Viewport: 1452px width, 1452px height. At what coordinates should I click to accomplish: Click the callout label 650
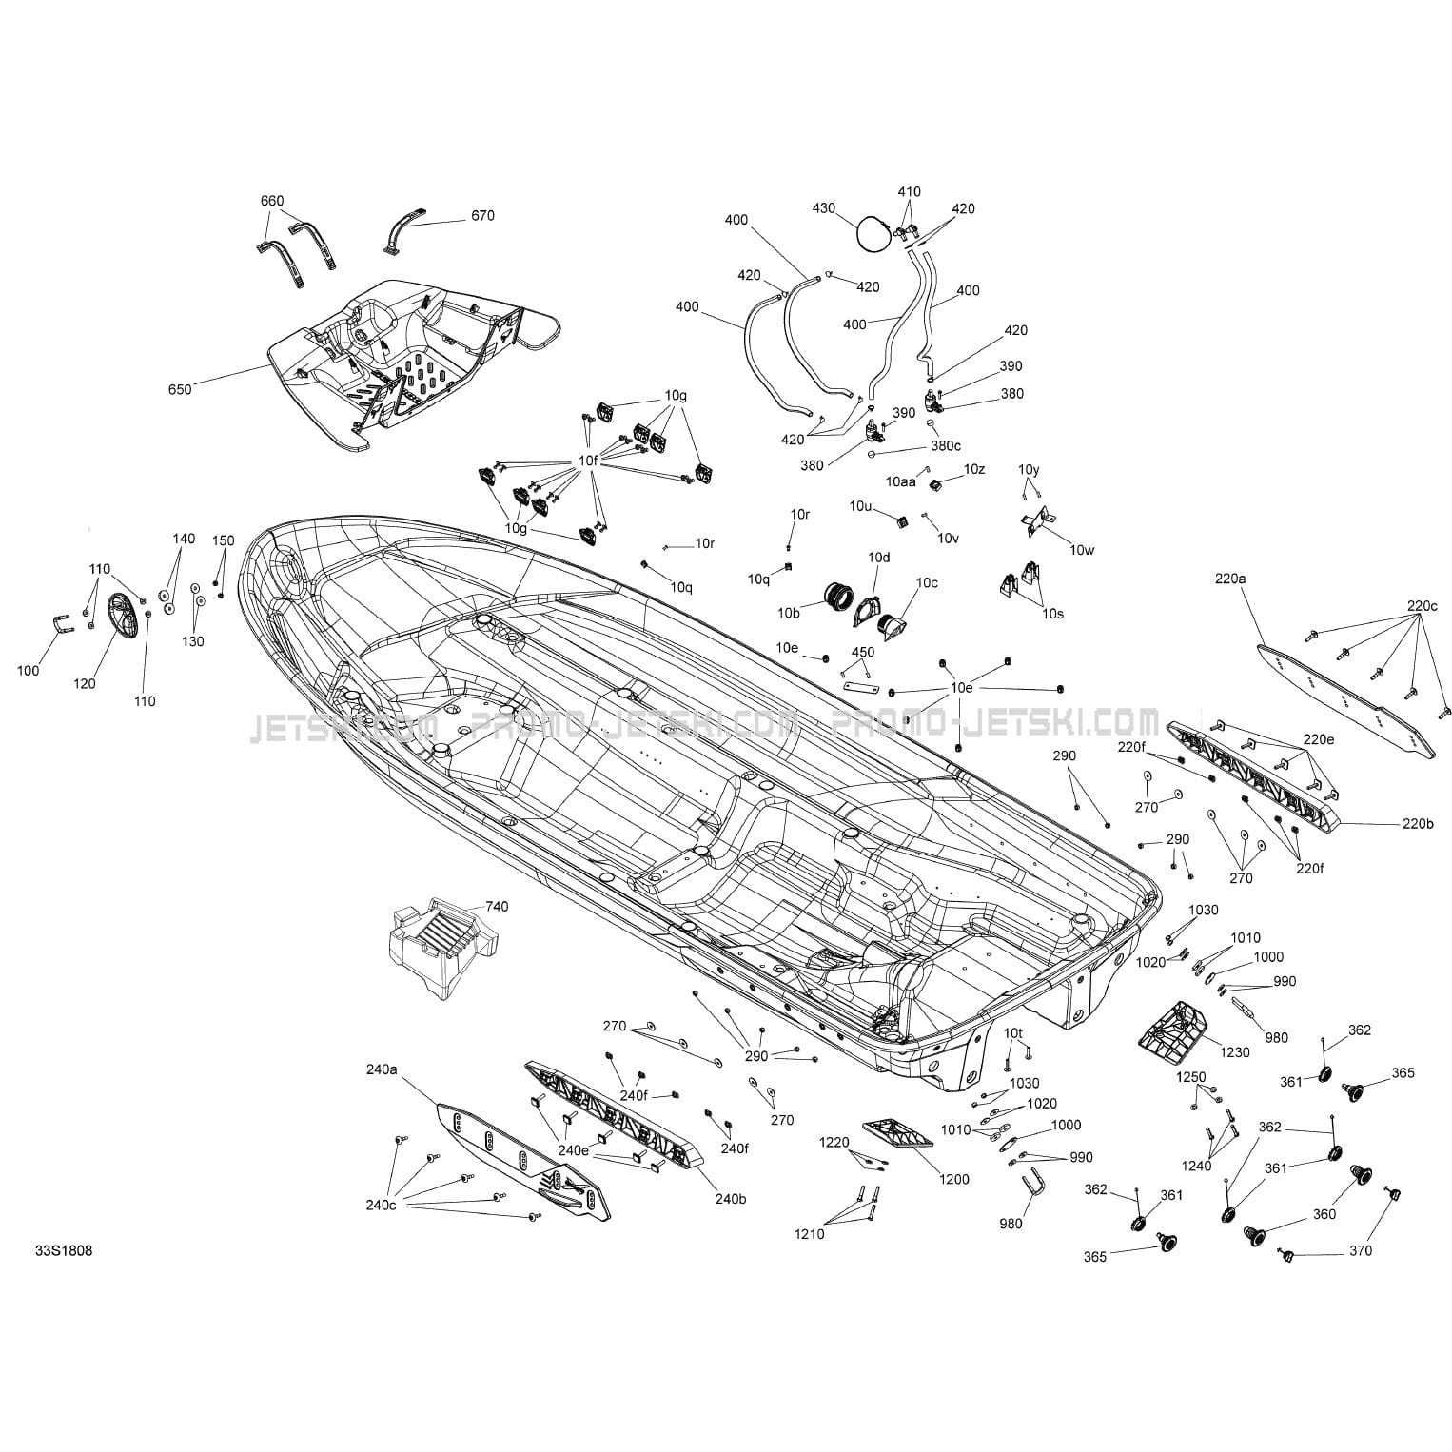(180, 389)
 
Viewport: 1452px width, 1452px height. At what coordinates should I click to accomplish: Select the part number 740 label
(497, 906)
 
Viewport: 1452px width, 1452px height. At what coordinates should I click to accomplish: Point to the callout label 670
(482, 216)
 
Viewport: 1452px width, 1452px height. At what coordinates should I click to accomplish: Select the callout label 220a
(1229, 578)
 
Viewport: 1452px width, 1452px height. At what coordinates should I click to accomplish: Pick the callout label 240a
(381, 1069)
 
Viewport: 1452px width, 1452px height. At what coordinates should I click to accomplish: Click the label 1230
(1236, 1053)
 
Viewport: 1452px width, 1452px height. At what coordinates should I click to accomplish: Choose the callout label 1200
(953, 1179)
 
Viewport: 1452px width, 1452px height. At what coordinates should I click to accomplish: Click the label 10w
(1082, 549)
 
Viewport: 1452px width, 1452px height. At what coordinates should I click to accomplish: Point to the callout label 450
(862, 653)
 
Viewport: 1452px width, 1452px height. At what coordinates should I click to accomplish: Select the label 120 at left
(84, 683)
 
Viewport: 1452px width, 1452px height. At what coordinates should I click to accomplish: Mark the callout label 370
(1361, 1250)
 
